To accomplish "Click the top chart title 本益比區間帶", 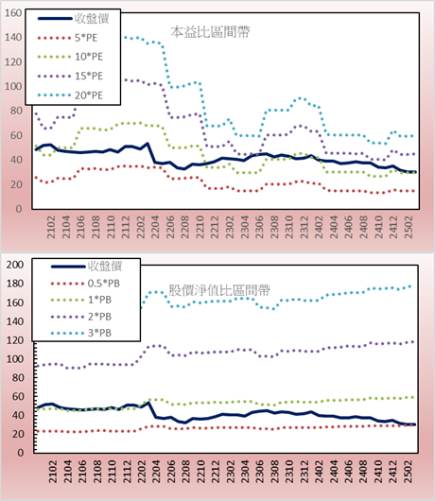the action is (210, 32).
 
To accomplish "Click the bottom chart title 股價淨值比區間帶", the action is (219, 290).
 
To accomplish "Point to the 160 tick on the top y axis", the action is (13, 13).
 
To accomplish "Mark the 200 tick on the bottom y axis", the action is (15, 265).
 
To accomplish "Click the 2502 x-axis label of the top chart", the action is (409, 227).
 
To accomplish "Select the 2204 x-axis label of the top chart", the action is (155, 227).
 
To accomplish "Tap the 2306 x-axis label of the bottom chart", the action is (260, 472).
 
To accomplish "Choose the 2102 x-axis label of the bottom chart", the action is (53, 472).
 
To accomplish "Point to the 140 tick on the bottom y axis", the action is (15, 321).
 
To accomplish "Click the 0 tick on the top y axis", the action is (19, 209).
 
